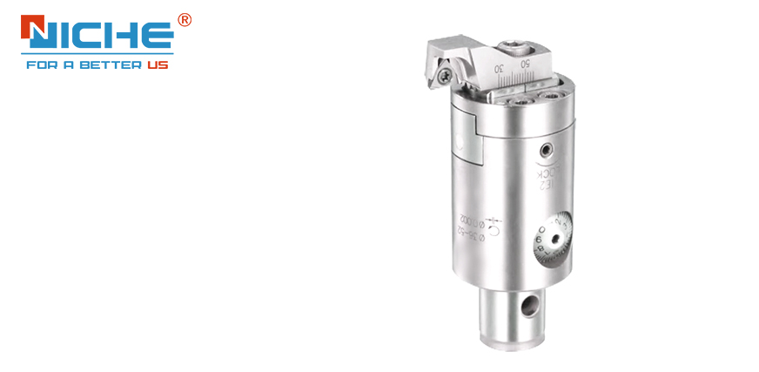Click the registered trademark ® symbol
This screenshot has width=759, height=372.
click(184, 20)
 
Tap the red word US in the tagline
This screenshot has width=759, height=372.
click(158, 65)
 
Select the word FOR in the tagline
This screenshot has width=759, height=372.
click(41, 65)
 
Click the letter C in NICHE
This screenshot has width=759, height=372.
click(89, 35)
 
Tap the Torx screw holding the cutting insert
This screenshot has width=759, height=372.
click(444, 78)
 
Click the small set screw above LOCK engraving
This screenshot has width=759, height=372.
click(549, 149)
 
